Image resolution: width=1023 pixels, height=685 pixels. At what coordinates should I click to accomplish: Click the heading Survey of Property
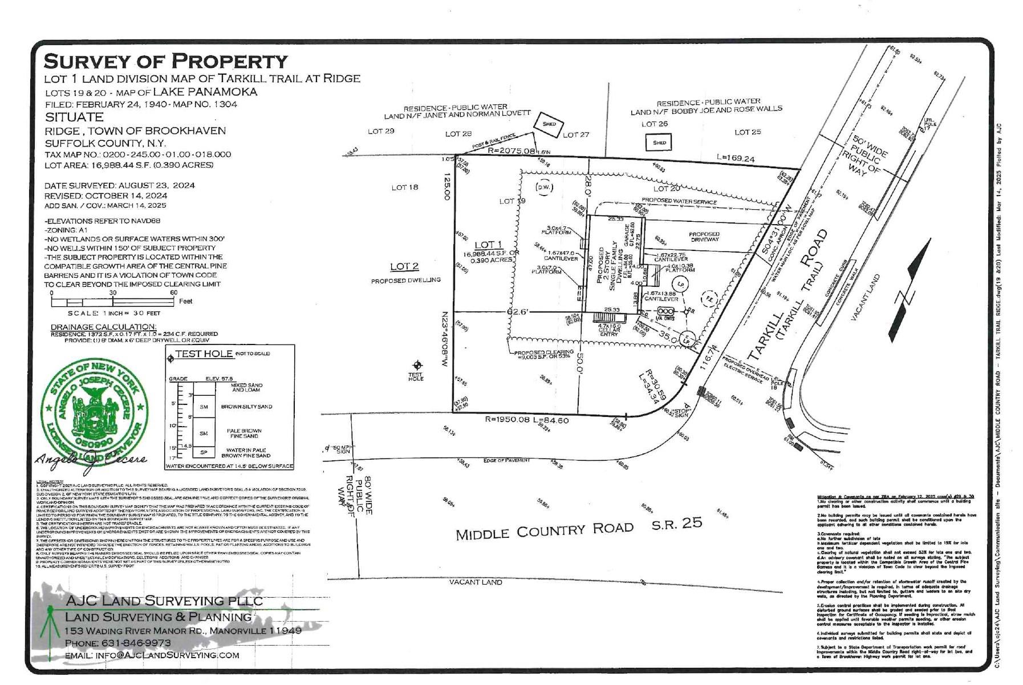[x=165, y=61]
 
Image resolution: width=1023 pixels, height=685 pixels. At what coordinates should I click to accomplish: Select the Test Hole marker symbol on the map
[x=417, y=365]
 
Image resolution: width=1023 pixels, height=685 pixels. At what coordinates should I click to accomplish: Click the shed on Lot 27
[x=549, y=124]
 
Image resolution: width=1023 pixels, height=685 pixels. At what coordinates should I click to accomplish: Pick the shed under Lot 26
[x=659, y=143]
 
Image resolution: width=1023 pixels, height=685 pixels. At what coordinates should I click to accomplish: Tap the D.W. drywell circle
[x=543, y=187]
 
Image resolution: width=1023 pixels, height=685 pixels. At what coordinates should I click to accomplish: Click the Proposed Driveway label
[x=704, y=237]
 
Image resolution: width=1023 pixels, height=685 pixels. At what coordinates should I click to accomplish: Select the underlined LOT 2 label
[x=404, y=266]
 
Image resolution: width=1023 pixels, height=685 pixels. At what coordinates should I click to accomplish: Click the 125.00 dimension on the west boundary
[x=446, y=187]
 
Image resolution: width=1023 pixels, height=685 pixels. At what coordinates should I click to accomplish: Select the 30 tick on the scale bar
[x=113, y=293]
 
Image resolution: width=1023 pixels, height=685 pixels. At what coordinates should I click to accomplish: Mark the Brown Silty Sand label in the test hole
[x=246, y=407]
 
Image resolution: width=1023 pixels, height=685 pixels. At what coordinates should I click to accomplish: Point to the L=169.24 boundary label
[x=736, y=159]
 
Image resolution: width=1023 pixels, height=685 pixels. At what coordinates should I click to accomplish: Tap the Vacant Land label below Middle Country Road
[x=476, y=582]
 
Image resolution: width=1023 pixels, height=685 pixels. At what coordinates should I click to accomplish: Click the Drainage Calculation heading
[x=103, y=327]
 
